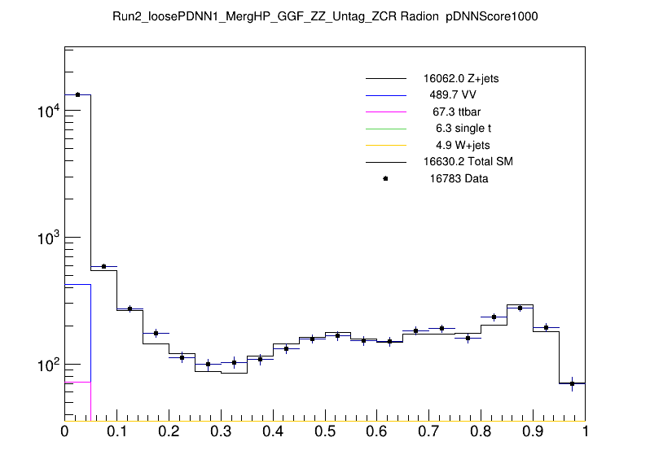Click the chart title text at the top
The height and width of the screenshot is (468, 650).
click(325, 16)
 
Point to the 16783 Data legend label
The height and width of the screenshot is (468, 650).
click(459, 179)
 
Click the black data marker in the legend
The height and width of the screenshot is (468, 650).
click(385, 178)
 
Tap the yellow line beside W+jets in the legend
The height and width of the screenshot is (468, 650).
click(385, 145)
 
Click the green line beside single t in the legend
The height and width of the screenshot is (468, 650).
click(385, 129)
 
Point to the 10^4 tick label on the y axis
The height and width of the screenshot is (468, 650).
click(48, 112)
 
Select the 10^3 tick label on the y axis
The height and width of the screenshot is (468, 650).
click(48, 238)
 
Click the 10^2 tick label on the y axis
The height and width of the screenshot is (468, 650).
click(48, 365)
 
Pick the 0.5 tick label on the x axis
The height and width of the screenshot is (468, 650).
click(325, 431)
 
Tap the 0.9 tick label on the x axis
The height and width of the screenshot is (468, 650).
click(533, 431)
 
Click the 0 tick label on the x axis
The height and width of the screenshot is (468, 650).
click(65, 431)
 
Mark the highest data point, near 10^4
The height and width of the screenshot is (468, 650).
click(77, 94)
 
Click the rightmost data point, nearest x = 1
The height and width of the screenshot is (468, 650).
click(572, 383)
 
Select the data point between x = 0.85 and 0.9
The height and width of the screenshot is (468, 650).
click(520, 308)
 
